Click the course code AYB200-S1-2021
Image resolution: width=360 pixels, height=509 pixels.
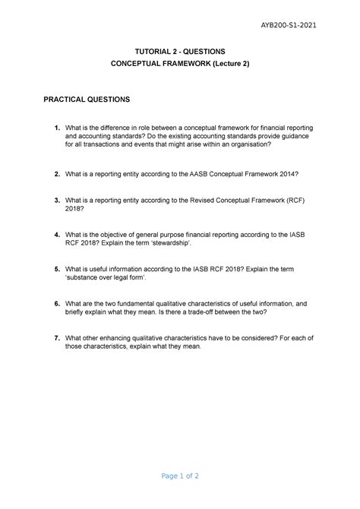click(288, 26)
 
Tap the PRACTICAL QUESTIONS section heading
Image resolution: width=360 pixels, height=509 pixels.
click(87, 100)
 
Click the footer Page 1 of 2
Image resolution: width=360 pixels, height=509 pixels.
click(179, 477)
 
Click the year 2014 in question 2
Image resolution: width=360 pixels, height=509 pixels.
click(289, 174)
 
